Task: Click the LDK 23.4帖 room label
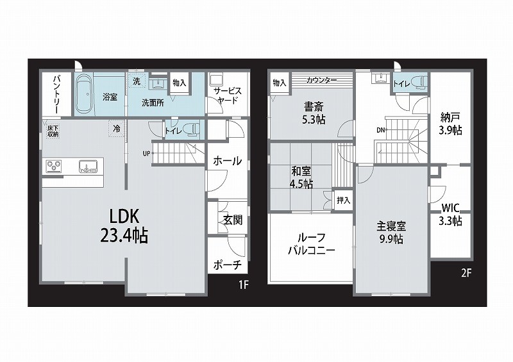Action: coord(124,226)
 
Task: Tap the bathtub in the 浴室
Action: coord(85,94)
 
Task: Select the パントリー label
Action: coord(56,94)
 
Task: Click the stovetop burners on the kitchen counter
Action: coord(54,165)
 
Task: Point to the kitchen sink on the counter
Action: coord(88,166)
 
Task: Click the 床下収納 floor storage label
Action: coord(53,131)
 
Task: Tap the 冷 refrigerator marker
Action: coord(117,129)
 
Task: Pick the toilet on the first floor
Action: coord(192,128)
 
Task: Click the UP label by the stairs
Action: coord(146,153)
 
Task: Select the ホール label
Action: coord(228,161)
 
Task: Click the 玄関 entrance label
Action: coord(233,220)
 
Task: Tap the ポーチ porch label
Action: coord(228,264)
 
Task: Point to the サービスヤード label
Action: coord(228,95)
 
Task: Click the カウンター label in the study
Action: coord(322,80)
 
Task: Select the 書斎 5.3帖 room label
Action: coord(314,113)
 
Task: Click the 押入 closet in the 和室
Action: coord(343,200)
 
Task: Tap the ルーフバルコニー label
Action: coord(312,244)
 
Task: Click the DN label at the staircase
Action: coord(380,130)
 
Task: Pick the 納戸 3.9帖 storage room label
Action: coord(451,123)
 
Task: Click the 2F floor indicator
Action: coord(466,273)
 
